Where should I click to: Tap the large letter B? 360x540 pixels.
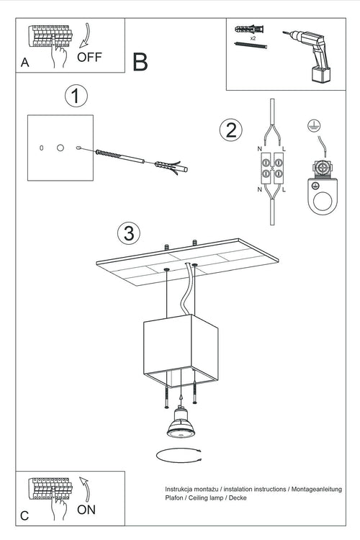(x=140, y=61)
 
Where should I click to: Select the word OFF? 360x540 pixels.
(x=89, y=58)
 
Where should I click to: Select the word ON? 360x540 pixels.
(x=86, y=510)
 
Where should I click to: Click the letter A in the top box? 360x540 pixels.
(x=25, y=63)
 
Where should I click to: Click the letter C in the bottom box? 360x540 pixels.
(x=25, y=516)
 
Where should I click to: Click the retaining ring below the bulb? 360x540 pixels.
(x=176, y=455)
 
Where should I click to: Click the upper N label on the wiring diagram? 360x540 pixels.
(x=258, y=148)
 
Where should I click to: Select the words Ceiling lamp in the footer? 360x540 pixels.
(x=210, y=498)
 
